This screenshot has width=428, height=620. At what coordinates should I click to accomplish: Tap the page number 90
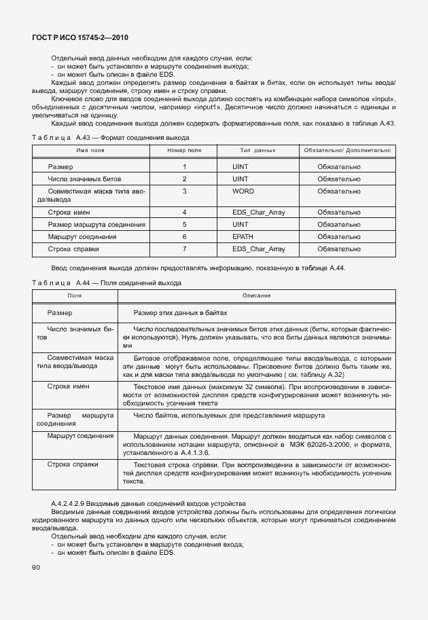[35, 567]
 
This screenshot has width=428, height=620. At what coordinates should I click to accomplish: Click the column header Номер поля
[184, 149]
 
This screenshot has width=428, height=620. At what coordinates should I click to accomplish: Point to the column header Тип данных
[257, 149]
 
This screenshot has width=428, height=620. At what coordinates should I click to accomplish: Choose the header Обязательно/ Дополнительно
[347, 149]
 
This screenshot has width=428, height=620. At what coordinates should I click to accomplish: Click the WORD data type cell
[243, 192]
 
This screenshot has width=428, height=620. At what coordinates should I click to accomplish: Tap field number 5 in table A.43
[184, 224]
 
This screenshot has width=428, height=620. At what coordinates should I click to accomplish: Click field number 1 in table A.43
[184, 166]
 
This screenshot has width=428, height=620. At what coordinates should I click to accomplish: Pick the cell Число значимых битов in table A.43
[85, 179]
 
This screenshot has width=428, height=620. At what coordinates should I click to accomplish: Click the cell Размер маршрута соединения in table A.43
[96, 224]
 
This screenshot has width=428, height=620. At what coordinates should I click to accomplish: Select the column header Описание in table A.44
[257, 295]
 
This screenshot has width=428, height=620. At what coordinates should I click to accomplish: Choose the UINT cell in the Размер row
[240, 166]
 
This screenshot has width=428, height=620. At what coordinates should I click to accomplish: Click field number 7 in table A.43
[184, 249]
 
